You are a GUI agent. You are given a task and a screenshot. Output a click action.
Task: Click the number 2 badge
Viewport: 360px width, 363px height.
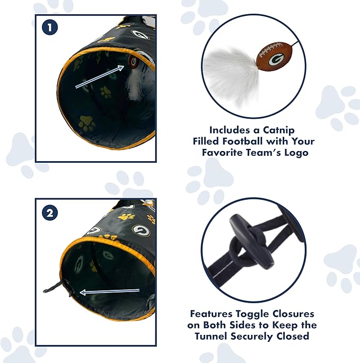[49, 213]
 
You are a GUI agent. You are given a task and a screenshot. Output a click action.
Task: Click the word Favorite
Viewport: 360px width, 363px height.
[229, 153]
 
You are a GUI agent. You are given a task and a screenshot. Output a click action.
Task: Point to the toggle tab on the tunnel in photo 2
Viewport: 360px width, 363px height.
[53, 288]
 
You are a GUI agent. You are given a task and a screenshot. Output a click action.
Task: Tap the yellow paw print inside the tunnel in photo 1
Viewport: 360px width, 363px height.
[86, 124]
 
